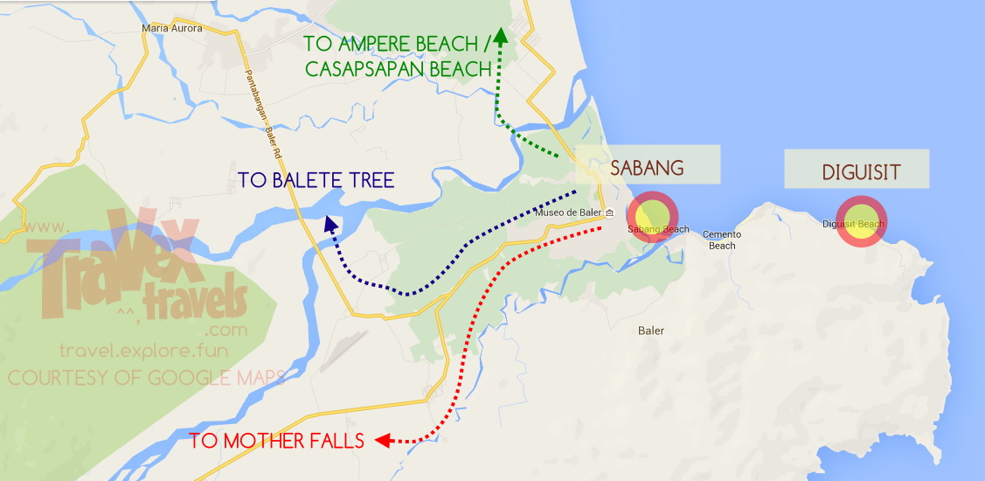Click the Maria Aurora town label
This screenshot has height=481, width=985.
171,28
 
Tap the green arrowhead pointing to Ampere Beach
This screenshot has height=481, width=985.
500,35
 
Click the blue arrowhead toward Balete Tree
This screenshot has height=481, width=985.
330,224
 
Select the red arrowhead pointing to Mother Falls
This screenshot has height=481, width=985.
381,441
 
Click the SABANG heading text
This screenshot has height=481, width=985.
646,167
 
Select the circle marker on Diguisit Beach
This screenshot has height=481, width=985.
861,221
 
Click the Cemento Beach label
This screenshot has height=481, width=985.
722,240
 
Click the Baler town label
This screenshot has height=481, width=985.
651,331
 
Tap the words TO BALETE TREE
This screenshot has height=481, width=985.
316,181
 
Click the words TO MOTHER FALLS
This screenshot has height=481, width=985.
276,441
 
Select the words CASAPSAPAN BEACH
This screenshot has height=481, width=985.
397,69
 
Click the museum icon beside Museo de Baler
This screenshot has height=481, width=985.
609,214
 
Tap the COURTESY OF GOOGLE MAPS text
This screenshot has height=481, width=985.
147,378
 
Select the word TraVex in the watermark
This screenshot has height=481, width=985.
114,254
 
